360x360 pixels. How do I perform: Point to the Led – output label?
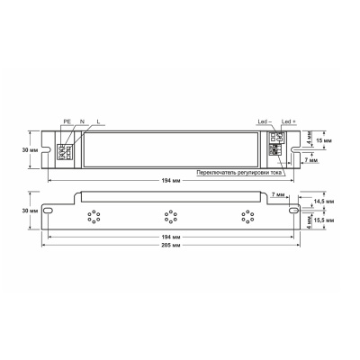(x=264, y=120)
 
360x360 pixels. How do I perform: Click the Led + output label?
(x=288, y=120)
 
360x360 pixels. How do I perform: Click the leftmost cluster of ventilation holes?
(x=92, y=216)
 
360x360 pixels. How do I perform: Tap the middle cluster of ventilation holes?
(x=168, y=216)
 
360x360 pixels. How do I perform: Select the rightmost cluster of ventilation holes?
(x=245, y=216)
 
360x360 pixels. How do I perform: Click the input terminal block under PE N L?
(x=64, y=149)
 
